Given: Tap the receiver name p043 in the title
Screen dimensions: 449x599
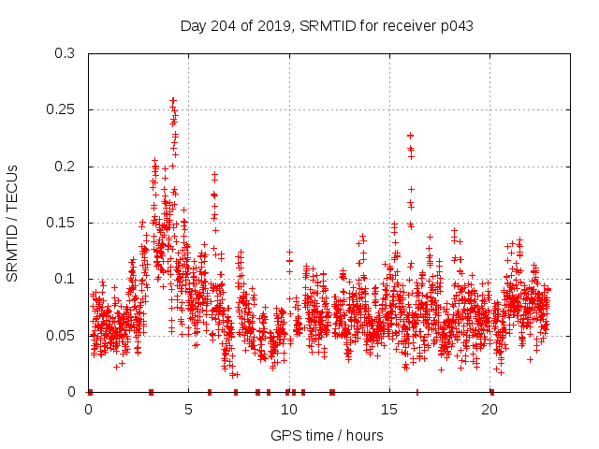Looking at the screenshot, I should point(454,26).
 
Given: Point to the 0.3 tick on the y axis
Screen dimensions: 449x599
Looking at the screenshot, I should point(66,54).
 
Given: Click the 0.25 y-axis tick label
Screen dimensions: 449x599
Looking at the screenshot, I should point(62,110).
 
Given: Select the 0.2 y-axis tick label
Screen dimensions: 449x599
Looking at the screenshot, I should point(66,167).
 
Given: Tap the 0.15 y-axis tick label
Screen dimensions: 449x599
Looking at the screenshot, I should point(62,223).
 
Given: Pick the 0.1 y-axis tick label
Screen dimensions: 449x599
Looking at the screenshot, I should point(66,279).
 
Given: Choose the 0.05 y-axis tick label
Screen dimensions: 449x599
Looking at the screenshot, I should point(62,335).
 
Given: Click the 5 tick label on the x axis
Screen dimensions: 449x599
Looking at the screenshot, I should point(188,410).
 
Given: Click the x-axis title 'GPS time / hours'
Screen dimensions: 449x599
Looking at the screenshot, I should point(327,435).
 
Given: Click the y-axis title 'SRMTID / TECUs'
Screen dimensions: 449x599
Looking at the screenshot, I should point(13,223).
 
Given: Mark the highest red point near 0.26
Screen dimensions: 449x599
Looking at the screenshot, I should point(173,99).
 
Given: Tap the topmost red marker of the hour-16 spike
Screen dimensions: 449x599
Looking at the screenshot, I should point(410,136).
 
